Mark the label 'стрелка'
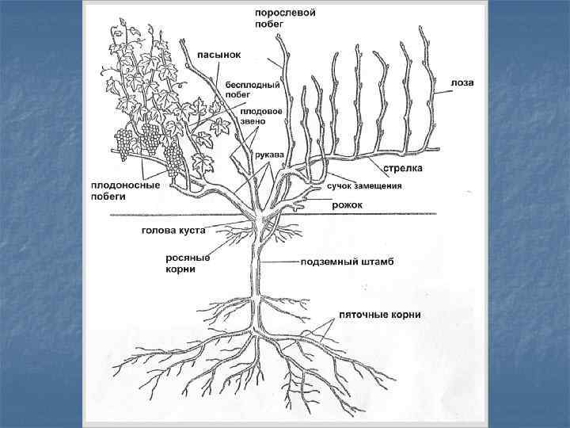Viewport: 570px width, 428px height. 404,168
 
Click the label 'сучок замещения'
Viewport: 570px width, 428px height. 365,186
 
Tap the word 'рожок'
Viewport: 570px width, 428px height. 348,205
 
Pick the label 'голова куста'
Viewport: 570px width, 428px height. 173,231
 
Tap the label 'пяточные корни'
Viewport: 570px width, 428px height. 379,315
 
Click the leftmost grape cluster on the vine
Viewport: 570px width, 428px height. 123,144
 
